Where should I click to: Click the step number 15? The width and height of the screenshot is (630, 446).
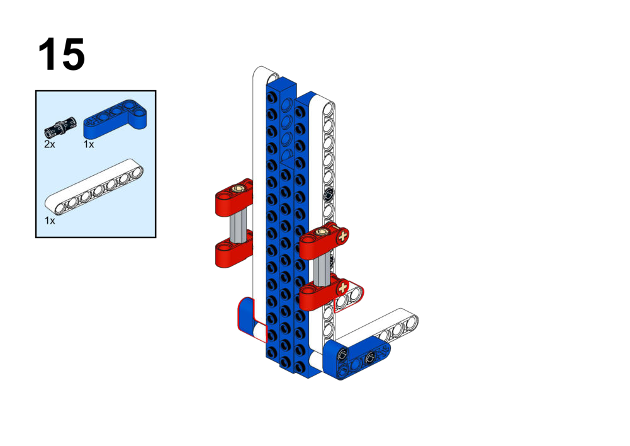coord(62,54)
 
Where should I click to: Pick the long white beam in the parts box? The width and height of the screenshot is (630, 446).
coord(94,187)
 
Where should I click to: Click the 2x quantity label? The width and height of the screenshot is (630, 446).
coord(50,144)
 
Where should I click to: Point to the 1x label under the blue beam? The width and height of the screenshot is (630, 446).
coord(89,144)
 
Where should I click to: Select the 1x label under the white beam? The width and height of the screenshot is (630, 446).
coord(50,220)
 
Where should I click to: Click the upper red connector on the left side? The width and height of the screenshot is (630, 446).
coord(234,197)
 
